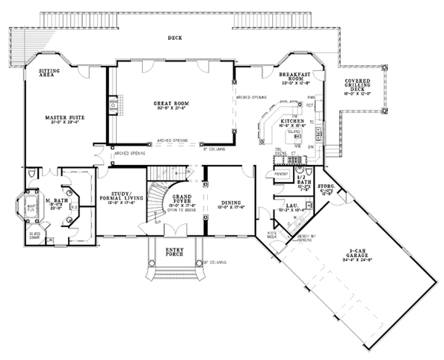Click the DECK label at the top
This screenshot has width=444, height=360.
pyautogui.click(x=174, y=38)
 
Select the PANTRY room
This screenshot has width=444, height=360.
pyautogui.click(x=280, y=174)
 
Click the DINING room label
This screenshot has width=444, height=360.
pyautogui.click(x=229, y=201)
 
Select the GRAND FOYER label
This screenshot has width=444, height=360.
pyautogui.click(x=182, y=199)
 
